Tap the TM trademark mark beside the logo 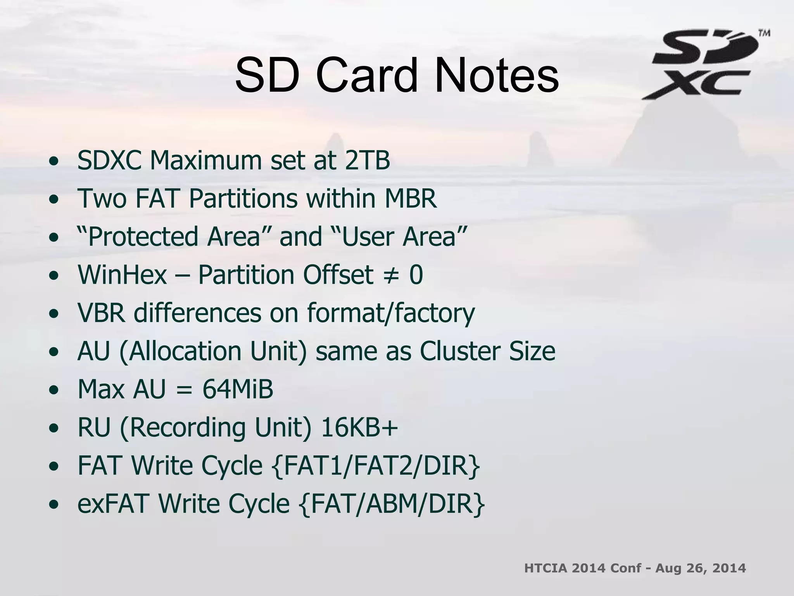[764, 33]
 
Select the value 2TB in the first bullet [367, 160]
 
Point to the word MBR [411, 198]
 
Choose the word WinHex [122, 274]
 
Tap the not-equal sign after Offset [391, 275]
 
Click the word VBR [102, 312]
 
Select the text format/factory [391, 313]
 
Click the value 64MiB [238, 389]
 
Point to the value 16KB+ [359, 427]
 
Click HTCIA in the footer [545, 568]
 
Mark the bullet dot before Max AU [54, 390]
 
